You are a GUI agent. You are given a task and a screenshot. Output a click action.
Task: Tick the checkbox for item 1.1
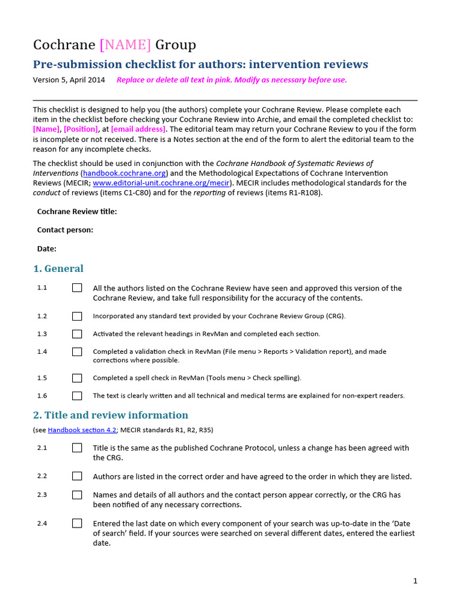pyautogui.click(x=77, y=288)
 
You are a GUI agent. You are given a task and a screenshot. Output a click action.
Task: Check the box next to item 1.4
pyautogui.click(x=77, y=351)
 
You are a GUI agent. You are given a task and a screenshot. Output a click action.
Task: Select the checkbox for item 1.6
pyautogui.click(x=77, y=396)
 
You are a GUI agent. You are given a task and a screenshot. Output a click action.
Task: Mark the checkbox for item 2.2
pyautogui.click(x=77, y=476)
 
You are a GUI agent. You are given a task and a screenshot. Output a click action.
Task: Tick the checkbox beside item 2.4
pyautogui.click(x=77, y=523)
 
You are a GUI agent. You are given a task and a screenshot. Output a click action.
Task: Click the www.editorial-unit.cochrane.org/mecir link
pyautogui.click(x=161, y=183)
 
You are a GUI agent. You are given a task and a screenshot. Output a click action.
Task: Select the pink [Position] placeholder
pyautogui.click(x=81, y=129)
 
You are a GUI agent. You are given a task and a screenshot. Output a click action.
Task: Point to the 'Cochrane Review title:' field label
pyautogui.click(x=77, y=211)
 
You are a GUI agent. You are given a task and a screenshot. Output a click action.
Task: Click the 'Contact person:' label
pyautogui.click(x=65, y=230)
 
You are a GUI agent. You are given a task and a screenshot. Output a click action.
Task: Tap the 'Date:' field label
pyautogui.click(x=47, y=248)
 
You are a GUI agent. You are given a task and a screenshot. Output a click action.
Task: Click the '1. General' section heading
pyautogui.click(x=58, y=268)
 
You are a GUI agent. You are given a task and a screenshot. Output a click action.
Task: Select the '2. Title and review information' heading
pyautogui.click(x=110, y=415)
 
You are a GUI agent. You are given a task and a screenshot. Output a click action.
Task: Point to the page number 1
pyautogui.click(x=415, y=581)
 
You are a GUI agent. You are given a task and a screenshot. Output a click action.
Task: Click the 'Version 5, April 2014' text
pyautogui.click(x=69, y=80)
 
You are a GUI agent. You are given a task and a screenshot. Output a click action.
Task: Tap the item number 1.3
pyautogui.click(x=42, y=334)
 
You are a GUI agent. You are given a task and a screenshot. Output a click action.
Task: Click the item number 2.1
pyautogui.click(x=42, y=448)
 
